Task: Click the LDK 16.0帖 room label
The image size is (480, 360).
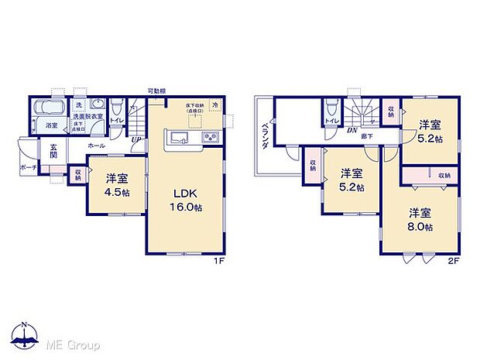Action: (x=185, y=197)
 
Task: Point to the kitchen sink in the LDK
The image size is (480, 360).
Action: (x=177, y=139)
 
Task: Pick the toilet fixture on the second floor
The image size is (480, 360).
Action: (x=331, y=107)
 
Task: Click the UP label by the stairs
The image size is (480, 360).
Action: (x=136, y=139)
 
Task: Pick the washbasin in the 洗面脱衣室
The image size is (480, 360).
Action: (x=98, y=105)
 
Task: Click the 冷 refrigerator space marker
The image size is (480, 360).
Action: (x=216, y=104)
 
